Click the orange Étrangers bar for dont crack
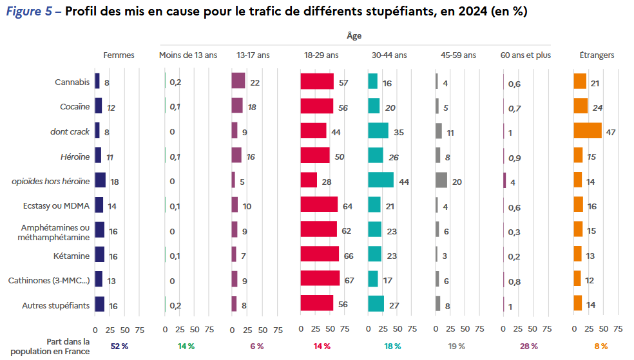click(587, 131)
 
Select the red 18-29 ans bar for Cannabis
click(317, 81)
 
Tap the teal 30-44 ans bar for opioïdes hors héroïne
click(380, 180)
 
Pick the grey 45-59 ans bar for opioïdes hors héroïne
click(441, 180)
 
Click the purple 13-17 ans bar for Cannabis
click(238, 81)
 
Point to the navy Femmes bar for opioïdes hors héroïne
click(100, 180)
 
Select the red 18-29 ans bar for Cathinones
click(320, 279)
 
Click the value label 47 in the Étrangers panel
click(611, 132)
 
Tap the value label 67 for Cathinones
click(350, 281)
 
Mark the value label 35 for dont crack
click(399, 132)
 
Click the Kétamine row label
click(72, 256)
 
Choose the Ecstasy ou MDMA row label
click(57, 206)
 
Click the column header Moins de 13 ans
click(187, 55)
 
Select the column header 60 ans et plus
click(525, 55)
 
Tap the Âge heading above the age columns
click(354, 37)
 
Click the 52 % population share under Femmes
click(119, 346)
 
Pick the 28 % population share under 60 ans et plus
click(529, 346)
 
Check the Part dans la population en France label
click(68, 346)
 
